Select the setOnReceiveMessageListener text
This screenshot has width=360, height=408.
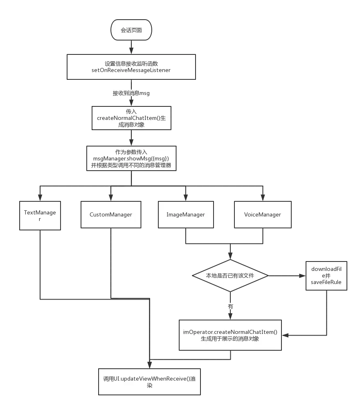point(131,70)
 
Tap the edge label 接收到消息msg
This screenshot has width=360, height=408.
point(131,93)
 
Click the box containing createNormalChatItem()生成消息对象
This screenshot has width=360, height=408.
point(131,118)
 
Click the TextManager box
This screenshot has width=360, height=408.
point(40,216)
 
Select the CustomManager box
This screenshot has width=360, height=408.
point(111,214)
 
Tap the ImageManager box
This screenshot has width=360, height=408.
point(186,214)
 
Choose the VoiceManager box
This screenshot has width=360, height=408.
point(262,214)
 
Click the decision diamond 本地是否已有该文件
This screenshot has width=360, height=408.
point(230,276)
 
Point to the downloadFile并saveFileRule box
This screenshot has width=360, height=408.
point(326,275)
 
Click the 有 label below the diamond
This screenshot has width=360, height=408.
point(230,306)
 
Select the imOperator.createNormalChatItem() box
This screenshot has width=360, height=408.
point(230,335)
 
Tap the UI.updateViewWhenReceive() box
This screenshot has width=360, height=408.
point(149,382)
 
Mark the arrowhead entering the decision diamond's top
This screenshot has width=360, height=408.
point(230,256)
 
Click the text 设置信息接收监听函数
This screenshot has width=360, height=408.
point(131,64)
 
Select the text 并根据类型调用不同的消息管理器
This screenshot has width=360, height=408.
point(131,165)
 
